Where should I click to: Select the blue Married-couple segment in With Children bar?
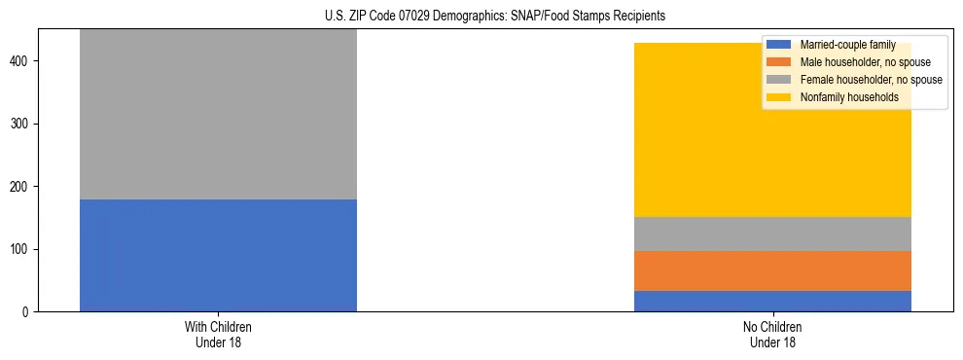click(218, 255)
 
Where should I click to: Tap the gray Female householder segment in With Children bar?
click(218, 114)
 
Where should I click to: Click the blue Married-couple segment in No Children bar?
click(772, 301)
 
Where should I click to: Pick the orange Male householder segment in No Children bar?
click(772, 270)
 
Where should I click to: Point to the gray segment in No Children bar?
click(772, 234)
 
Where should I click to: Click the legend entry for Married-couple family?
click(847, 45)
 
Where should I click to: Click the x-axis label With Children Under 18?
click(218, 335)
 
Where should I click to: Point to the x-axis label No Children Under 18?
click(772, 335)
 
